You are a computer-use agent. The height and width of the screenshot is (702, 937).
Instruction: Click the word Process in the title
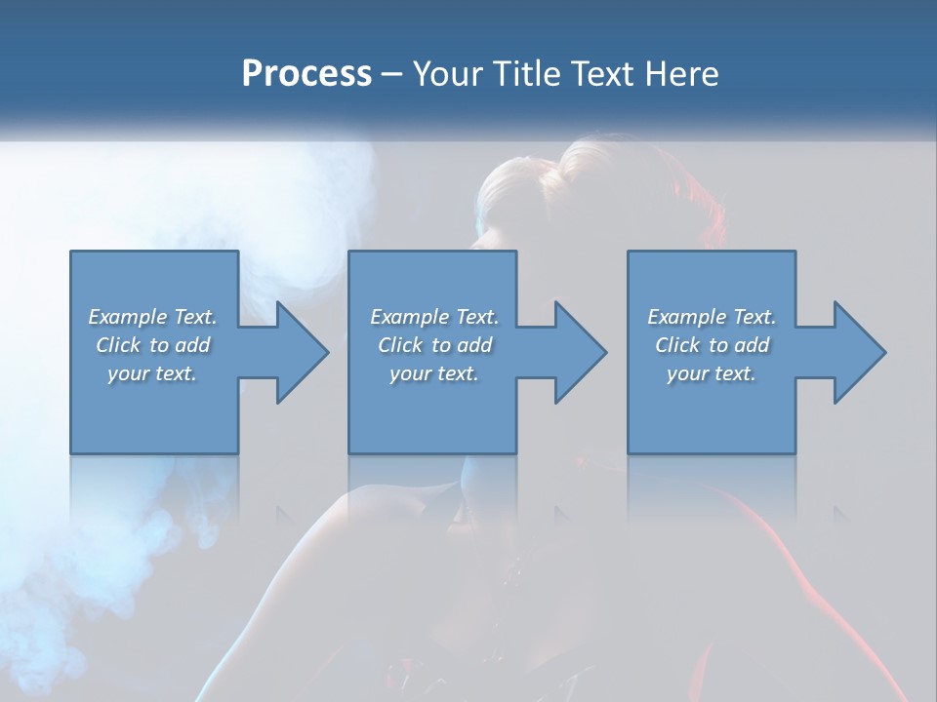coord(306,74)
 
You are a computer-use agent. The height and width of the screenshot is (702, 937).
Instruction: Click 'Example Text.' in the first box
coord(152,317)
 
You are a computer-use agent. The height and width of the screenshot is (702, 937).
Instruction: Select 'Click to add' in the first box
coord(152,345)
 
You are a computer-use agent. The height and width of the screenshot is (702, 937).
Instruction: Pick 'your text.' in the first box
coord(152,373)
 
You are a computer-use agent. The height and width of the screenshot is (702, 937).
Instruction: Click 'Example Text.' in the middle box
coord(434,317)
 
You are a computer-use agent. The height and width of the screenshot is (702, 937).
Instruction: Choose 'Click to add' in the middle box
coord(434,345)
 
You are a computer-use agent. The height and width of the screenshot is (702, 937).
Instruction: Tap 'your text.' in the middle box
coord(434,373)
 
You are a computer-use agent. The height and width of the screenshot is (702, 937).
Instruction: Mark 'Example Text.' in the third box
coord(712,317)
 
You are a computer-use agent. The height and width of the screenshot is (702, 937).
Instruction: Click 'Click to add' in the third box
coord(712,345)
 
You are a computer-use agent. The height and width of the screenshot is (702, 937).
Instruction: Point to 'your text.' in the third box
coord(712,373)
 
